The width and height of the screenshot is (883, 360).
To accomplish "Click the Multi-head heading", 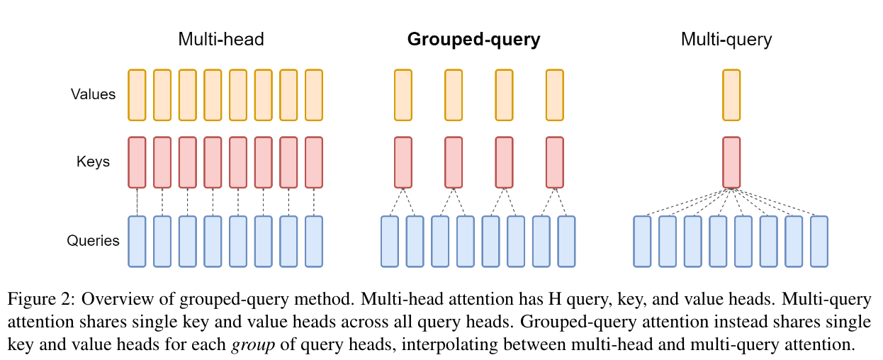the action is coord(221,40).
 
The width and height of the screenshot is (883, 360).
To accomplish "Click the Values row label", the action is coord(93,94).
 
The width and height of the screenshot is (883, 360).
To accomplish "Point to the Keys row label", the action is coord(93,162).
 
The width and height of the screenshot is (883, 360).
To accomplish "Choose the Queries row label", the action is coord(93,240).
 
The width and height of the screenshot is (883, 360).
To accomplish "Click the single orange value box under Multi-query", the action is coord(731,95).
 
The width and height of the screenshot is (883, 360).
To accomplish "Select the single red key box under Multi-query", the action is coord(731,162).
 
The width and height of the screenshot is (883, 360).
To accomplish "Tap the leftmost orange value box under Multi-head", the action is coord(137,95).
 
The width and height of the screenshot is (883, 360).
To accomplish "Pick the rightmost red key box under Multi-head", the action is coord(314,162).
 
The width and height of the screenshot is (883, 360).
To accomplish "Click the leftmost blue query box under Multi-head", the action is coord(137,242).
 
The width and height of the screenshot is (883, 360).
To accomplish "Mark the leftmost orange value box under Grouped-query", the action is coord(403,95).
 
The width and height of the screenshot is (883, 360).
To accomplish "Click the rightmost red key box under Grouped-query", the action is coord(555,162).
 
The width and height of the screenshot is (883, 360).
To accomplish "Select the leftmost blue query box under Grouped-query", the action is coord(390,242).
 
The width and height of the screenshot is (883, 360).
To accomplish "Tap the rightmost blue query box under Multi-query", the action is coord(819,242).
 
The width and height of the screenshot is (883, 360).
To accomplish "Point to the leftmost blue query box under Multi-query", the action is coord(642,242).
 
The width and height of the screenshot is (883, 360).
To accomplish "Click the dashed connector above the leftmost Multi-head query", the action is coord(137,202).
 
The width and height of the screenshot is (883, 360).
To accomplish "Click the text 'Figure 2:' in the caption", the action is coord(41,299).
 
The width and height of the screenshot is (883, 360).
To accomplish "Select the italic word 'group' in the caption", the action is coord(253,345).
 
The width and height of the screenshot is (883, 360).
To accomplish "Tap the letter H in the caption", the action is coord(555,299).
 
